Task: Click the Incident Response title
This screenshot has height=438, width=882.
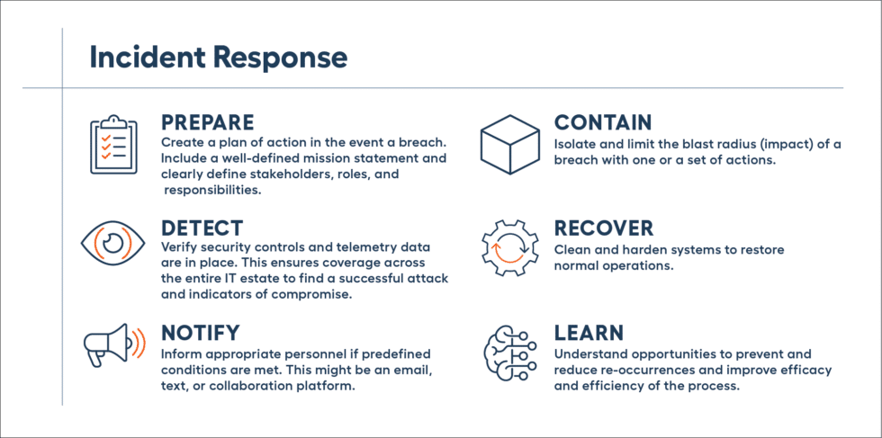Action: point(218,58)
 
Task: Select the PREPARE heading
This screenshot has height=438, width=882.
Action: point(207,122)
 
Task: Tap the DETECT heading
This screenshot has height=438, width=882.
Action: point(202,228)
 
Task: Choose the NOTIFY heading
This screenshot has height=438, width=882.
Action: point(200,335)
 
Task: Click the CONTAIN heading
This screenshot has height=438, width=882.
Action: point(602,122)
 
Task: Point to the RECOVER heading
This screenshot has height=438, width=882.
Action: point(603,228)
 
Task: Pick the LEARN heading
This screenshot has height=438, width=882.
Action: point(589,335)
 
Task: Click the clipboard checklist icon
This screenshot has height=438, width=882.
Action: point(112,144)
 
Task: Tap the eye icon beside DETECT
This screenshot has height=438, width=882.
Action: point(112,244)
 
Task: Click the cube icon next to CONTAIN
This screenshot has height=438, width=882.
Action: point(508,144)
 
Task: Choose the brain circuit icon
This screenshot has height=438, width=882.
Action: point(508,351)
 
